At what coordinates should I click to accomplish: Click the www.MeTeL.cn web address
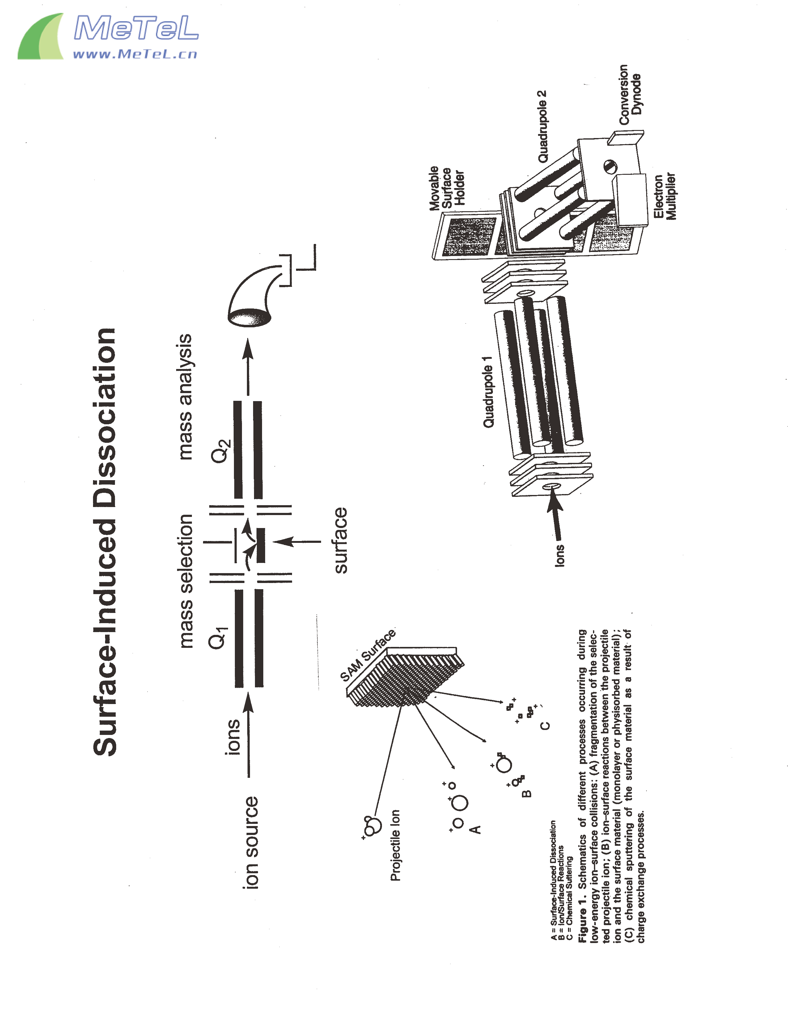click(x=135, y=55)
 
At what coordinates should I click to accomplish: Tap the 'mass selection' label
click(x=186, y=581)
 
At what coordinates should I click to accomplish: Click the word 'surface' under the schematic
click(x=341, y=540)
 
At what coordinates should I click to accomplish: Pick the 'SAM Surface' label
click(x=368, y=655)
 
